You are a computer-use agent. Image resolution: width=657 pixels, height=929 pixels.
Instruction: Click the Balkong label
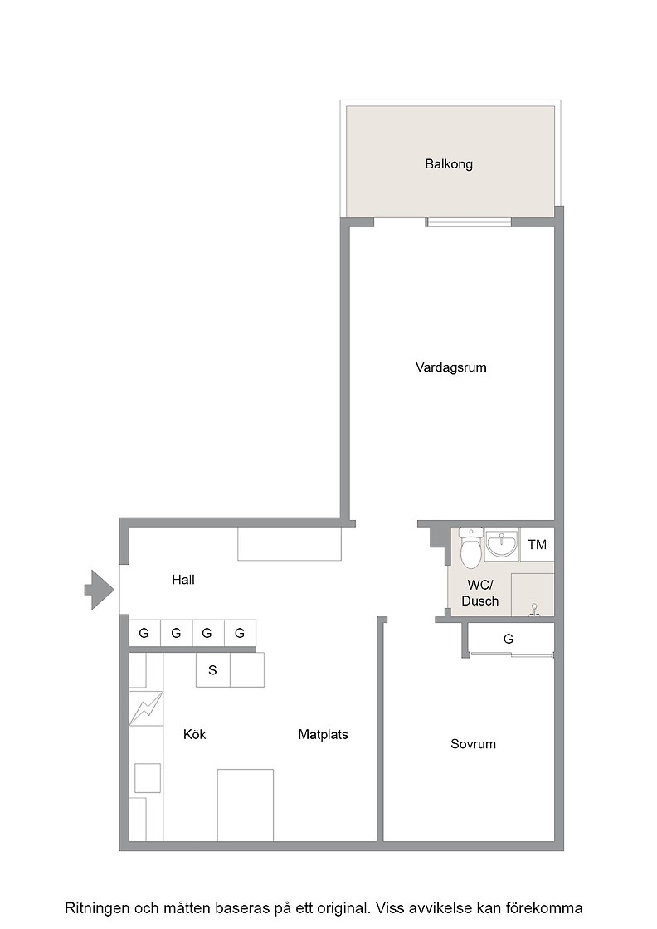click(449, 164)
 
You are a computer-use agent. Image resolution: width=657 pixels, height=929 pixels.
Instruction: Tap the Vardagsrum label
click(450, 367)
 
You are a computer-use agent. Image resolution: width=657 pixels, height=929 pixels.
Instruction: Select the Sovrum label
click(473, 743)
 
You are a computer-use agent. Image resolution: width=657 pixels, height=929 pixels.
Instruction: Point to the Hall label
click(183, 580)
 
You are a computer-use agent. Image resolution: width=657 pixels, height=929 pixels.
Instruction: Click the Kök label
click(194, 734)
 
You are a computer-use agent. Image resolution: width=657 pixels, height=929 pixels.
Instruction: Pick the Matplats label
click(323, 735)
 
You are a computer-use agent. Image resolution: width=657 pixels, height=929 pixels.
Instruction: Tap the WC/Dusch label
click(479, 592)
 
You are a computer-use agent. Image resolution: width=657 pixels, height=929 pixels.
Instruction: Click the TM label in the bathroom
click(538, 544)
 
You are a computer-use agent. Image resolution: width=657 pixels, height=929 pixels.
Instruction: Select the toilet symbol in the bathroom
click(471, 546)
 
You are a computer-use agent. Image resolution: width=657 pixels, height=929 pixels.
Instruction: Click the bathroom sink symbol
click(502, 544)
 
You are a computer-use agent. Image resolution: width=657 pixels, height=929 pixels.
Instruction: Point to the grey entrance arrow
click(99, 590)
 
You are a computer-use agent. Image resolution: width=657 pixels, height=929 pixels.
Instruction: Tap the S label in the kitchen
click(212, 670)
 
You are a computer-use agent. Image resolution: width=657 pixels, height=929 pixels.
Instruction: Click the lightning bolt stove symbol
click(146, 708)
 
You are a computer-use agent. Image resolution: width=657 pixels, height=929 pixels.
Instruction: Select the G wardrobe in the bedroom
click(509, 639)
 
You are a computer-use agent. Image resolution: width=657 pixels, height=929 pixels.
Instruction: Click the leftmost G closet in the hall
click(144, 633)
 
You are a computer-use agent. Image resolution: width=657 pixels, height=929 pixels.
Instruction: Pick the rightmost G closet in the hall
click(240, 633)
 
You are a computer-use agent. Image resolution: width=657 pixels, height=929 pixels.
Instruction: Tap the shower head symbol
click(534, 610)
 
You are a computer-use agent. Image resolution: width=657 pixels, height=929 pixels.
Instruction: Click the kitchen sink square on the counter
click(148, 778)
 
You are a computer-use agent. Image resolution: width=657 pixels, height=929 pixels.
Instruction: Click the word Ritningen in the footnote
click(96, 908)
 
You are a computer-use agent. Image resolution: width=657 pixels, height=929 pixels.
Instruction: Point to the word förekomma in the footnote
click(548, 907)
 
